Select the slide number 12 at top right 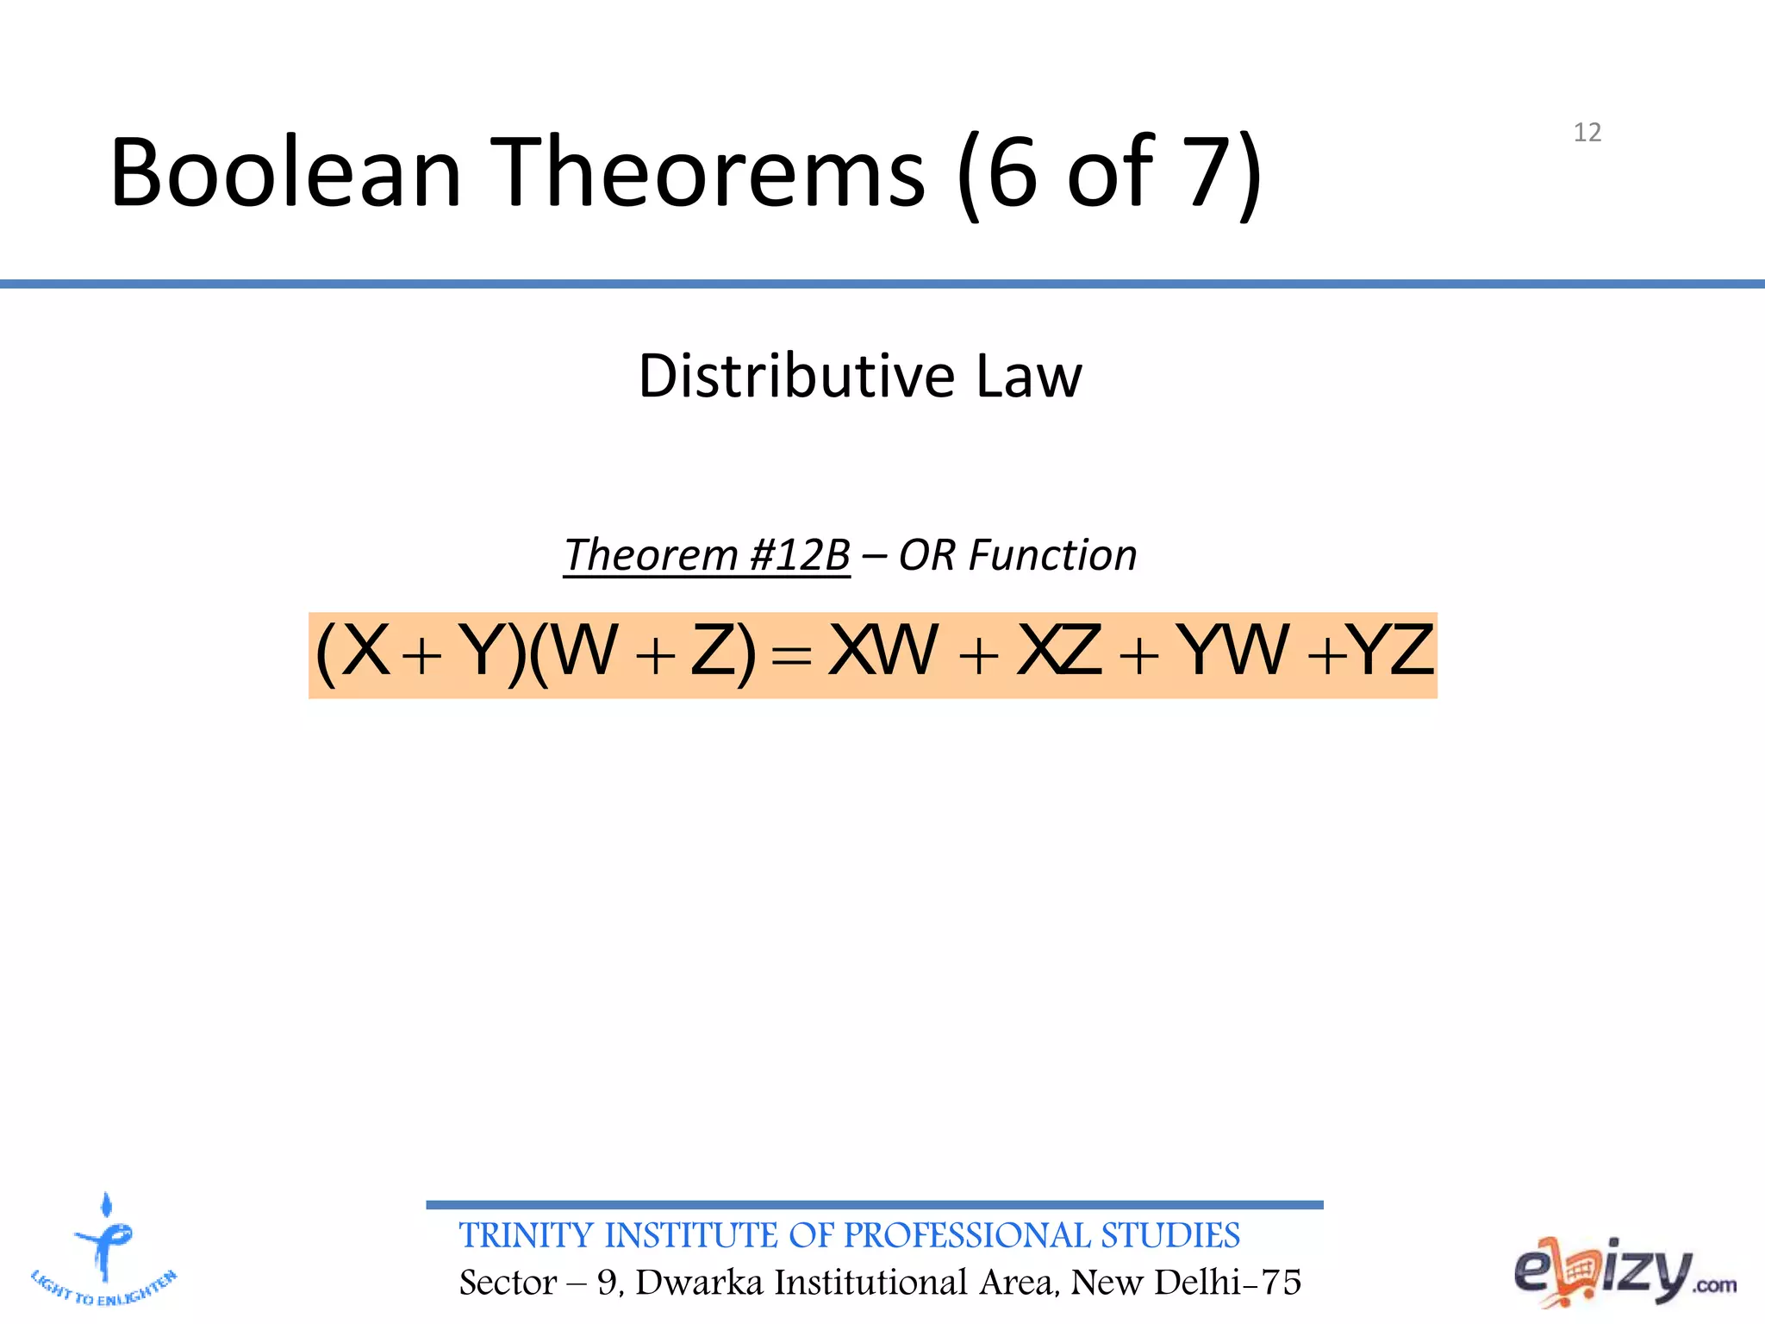point(1587,133)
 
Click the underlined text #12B point(800,554)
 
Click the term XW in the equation point(882,651)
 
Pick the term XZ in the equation point(1058,651)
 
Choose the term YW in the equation point(1232,651)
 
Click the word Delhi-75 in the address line point(1227,1283)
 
